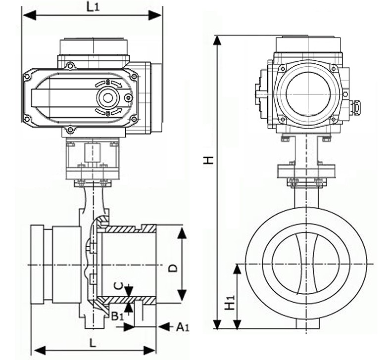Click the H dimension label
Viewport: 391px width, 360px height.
coord(209,159)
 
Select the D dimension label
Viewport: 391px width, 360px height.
coord(173,268)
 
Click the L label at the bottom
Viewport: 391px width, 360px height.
coord(93,342)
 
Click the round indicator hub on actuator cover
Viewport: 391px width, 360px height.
coord(107,98)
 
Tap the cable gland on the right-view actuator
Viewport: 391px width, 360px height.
coord(355,106)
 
